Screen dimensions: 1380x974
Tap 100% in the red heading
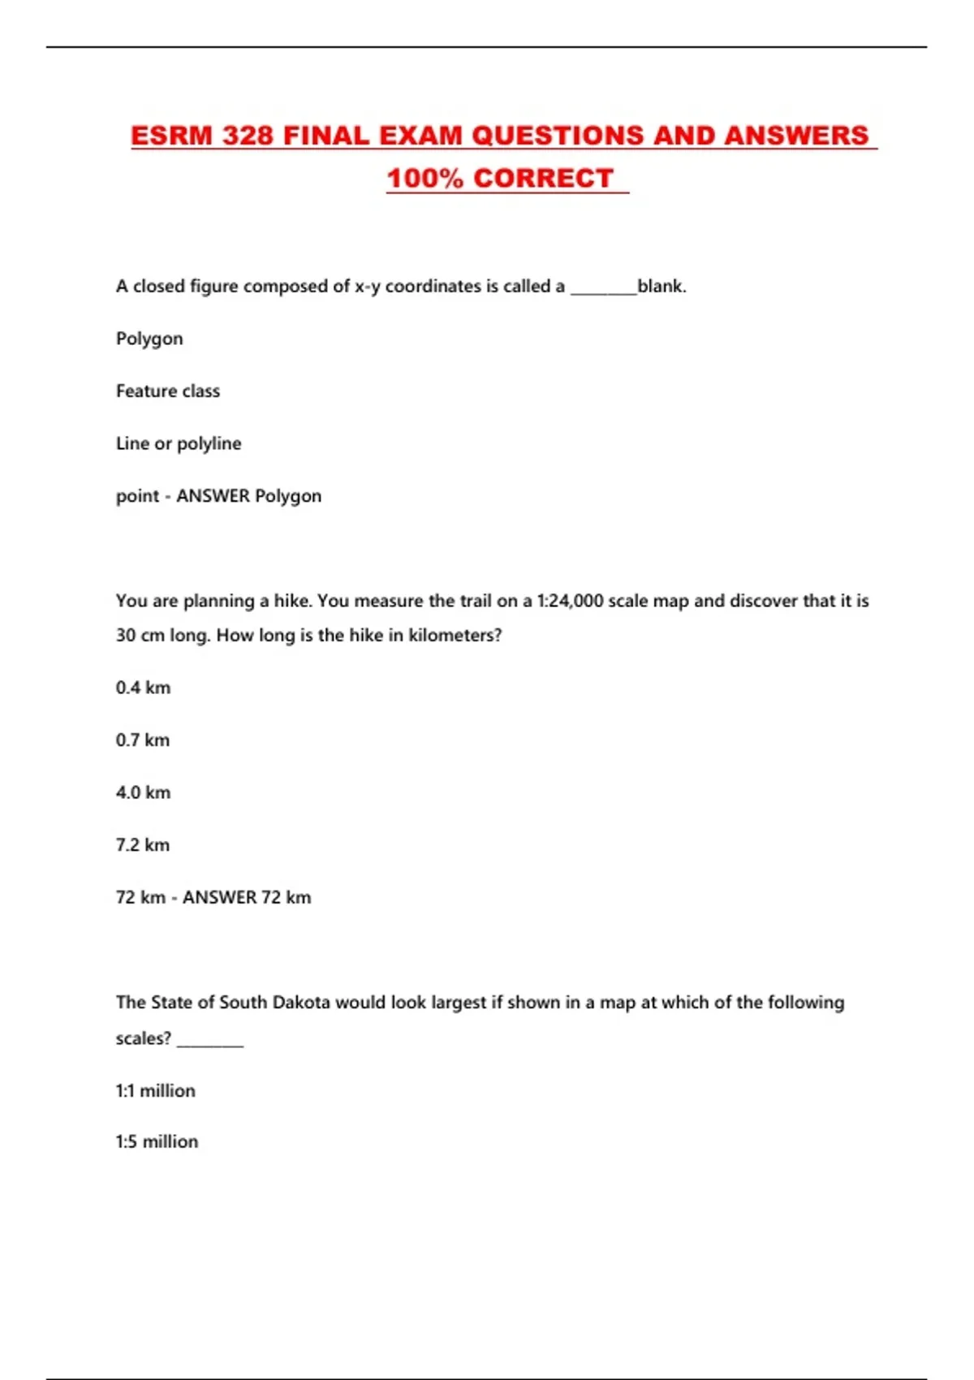pos(425,179)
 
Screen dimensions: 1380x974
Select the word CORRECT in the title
pos(543,179)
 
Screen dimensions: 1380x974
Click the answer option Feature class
pos(168,391)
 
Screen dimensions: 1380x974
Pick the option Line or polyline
pos(179,444)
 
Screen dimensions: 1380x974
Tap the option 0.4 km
pos(143,688)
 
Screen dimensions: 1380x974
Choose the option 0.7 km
pos(143,740)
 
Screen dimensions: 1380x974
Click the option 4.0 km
pos(143,793)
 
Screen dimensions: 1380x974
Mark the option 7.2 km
pos(143,845)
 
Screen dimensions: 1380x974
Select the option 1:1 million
pos(156,1091)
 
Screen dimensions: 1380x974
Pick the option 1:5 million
pos(157,1142)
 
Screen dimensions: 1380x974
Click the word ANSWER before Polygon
pos(213,496)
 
